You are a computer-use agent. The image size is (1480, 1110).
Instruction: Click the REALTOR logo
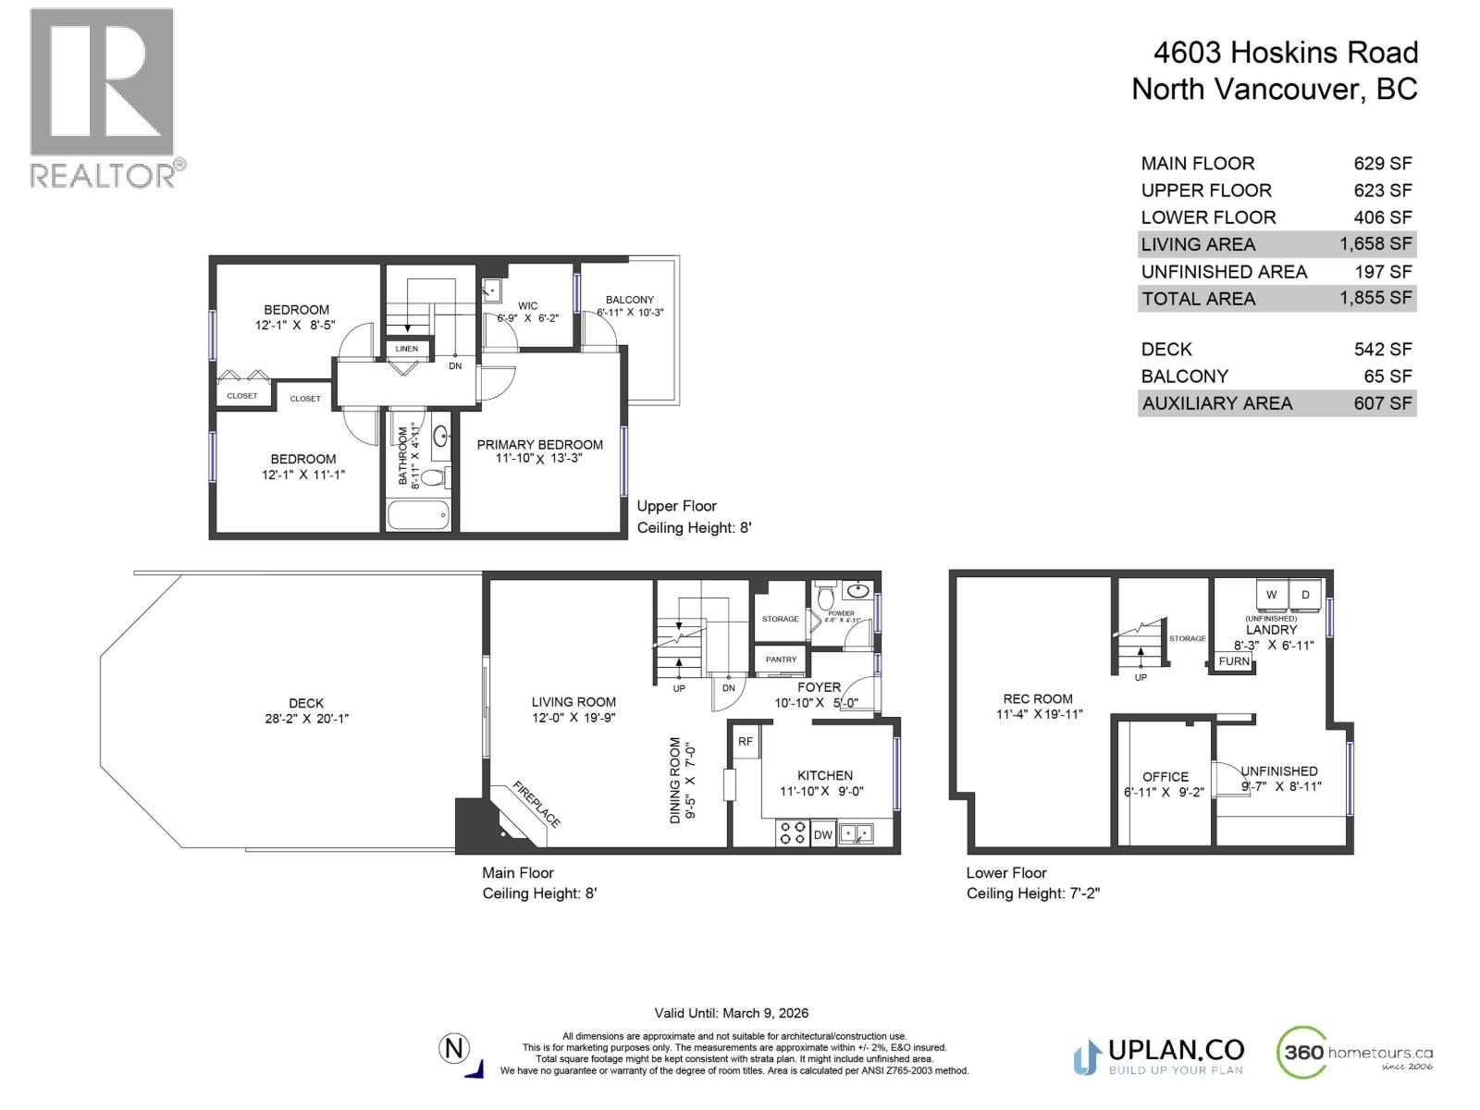pos(102,97)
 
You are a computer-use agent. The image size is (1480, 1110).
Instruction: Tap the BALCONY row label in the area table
pos(1184,376)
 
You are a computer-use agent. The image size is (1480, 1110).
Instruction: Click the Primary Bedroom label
pos(539,445)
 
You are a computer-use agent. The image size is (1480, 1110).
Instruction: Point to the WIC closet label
pos(527,306)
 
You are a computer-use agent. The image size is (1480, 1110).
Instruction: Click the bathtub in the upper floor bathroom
pos(418,514)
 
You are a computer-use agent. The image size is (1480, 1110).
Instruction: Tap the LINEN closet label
pos(407,349)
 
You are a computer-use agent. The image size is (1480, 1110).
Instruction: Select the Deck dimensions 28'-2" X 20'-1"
pos(306,719)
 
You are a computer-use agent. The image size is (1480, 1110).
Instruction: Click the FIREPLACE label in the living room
pos(536,805)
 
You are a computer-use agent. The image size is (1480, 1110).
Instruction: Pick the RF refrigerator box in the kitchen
pos(746,742)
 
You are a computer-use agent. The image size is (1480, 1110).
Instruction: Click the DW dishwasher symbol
pos(822,834)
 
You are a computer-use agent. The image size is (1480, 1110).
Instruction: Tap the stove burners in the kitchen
pos(792,833)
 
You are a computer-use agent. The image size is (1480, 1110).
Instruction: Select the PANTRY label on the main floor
pos(781,660)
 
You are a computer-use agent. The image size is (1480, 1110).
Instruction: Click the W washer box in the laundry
pos(1271,595)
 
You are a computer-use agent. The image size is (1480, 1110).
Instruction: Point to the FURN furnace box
pos(1234,661)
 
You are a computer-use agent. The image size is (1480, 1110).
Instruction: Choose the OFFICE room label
pos(1165,777)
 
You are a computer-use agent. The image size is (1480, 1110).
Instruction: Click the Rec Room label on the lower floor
pos(1038,699)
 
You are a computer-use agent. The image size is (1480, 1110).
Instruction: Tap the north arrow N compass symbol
pos(454,1049)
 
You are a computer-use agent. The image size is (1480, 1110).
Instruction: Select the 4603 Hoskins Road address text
pos(1285,53)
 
